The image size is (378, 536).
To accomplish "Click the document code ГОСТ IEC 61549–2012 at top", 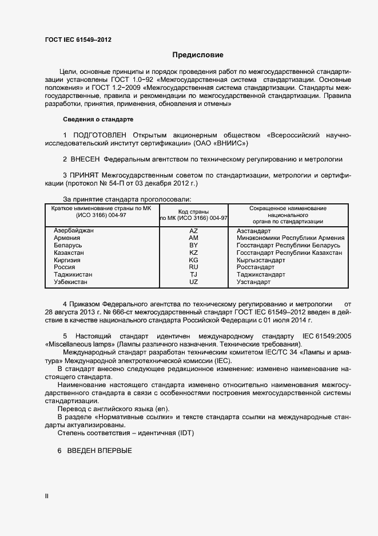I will (78, 40).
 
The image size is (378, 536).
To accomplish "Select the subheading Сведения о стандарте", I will (97, 119).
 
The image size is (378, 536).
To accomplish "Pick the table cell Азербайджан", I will (73, 230).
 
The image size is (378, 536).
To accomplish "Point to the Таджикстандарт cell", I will (261, 274).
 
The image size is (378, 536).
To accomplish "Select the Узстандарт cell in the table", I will (253, 282).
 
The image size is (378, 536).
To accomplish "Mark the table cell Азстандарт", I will (253, 230).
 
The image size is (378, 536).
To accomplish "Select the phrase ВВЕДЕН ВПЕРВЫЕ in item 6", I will (100, 451).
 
